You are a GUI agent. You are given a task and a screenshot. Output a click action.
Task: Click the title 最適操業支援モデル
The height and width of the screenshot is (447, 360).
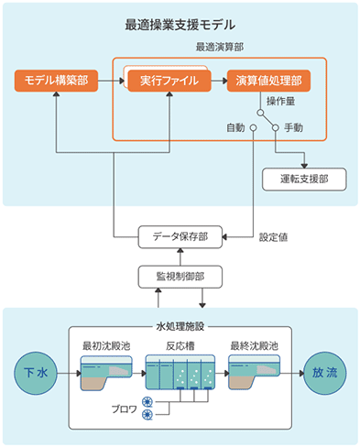pyautogui.click(x=180, y=24)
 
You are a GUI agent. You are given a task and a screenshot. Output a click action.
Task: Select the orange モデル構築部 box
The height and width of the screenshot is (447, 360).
pyautogui.click(x=56, y=81)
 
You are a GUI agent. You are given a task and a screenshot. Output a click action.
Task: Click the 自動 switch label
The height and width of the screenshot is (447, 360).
pyautogui.click(x=236, y=127)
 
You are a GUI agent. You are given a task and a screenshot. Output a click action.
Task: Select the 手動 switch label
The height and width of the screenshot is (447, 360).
pyautogui.click(x=293, y=127)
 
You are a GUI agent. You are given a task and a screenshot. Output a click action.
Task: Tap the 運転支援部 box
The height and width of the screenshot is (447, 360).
pyautogui.click(x=304, y=179)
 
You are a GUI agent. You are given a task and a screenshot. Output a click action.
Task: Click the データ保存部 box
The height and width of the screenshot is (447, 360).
pyautogui.click(x=180, y=236)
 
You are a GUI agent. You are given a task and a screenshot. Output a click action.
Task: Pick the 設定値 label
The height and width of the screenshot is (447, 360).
pyautogui.click(x=274, y=237)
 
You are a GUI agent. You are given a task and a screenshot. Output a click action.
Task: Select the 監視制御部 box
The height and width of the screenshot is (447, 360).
pyautogui.click(x=180, y=274)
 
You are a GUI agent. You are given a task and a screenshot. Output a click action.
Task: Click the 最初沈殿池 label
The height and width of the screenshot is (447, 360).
pyautogui.click(x=104, y=346)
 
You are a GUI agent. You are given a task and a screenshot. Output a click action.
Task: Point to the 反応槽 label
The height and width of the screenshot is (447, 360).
pyautogui.click(x=179, y=346)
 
